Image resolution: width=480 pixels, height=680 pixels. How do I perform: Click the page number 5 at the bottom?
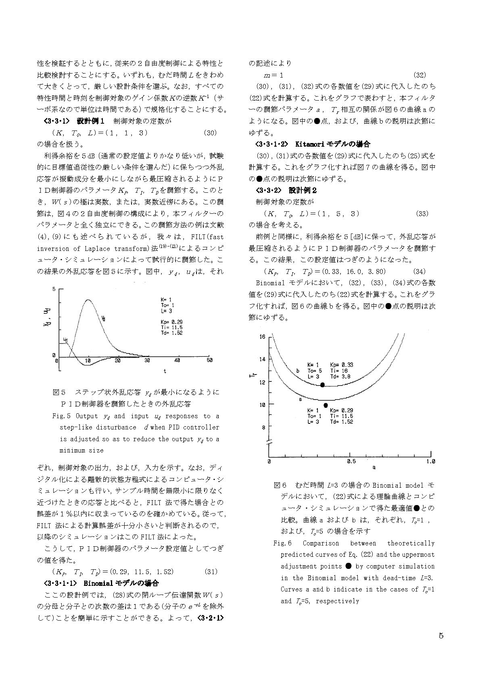[441, 636]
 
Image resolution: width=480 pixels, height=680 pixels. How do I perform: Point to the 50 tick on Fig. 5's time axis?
[209, 360]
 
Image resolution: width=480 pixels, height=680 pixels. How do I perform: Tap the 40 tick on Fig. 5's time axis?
[177, 360]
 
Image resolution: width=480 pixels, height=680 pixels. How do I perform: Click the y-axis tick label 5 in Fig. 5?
[54, 289]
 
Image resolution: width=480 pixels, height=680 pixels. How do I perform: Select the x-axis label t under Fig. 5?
[165, 371]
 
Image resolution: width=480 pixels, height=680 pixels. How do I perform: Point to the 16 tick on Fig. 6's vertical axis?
[262, 337]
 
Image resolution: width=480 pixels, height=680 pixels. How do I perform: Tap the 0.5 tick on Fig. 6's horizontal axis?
[351, 461]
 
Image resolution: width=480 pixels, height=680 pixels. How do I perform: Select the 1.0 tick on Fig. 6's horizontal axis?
[430, 461]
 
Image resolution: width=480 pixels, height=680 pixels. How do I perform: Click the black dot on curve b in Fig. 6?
[322, 385]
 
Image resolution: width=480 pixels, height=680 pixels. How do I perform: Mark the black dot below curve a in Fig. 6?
[326, 405]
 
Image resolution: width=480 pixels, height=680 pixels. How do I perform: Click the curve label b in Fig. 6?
[298, 371]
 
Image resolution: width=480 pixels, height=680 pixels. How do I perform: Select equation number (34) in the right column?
[420, 272]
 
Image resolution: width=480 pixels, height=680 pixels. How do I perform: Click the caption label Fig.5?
[62, 416]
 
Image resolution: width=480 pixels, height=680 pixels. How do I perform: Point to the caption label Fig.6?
[282, 543]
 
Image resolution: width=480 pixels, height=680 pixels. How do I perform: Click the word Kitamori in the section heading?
[311, 144]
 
